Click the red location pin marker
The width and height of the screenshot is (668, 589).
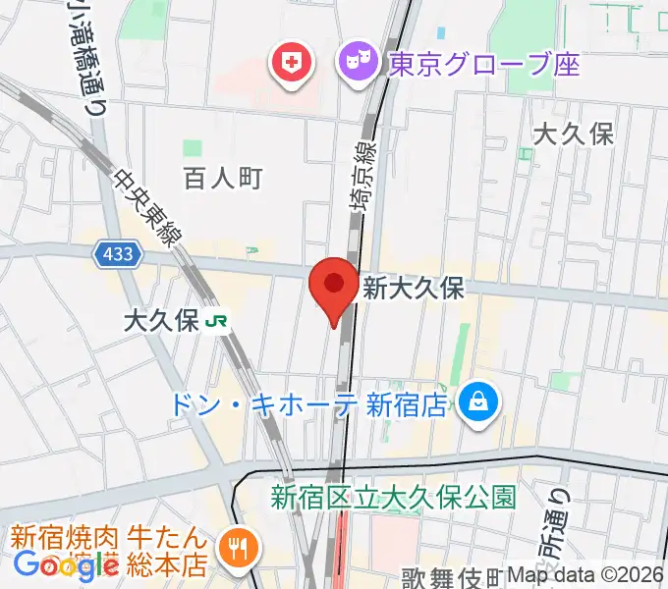pyautogui.click(x=333, y=288)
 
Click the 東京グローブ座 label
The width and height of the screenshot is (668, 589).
pyautogui.click(x=483, y=65)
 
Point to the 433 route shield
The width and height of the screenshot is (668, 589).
pyautogui.click(x=119, y=255)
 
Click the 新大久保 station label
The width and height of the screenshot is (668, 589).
pyautogui.click(x=413, y=288)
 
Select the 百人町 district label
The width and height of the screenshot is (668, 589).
pyautogui.click(x=223, y=178)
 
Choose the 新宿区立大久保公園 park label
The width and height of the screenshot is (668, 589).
pyautogui.click(x=393, y=497)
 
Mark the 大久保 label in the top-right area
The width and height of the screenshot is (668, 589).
pyautogui.click(x=573, y=134)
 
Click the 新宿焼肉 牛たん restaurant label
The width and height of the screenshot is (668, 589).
pyautogui.click(x=108, y=539)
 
